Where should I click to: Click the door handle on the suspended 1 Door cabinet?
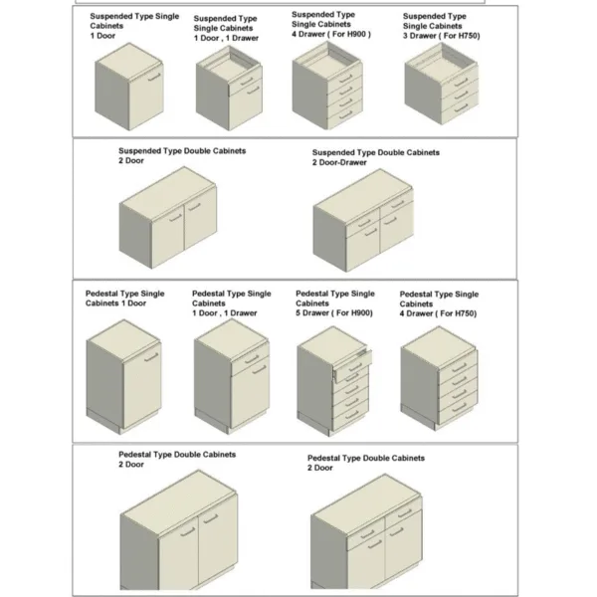[154, 77]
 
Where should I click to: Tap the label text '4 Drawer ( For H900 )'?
[331, 34]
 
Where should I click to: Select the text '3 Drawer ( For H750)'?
[441, 36]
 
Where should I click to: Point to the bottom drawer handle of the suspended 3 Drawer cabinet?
[461, 107]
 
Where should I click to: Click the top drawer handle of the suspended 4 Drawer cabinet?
[345, 79]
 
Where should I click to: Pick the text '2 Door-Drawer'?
[339, 162]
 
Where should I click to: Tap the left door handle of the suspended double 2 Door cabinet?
[175, 218]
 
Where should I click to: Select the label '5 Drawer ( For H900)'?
[334, 313]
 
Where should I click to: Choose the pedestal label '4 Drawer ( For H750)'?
[438, 313]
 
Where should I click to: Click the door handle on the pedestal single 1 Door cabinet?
[151, 357]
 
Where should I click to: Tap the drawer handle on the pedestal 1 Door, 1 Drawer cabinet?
[252, 359]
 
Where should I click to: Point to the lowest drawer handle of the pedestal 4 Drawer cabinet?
[460, 407]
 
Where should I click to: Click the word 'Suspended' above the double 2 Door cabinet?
[139, 151]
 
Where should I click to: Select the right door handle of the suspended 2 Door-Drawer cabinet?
[390, 221]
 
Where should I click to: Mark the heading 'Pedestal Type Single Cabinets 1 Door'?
[125, 298]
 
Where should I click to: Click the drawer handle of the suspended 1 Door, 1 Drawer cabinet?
[247, 82]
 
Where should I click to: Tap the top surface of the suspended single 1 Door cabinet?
[129, 62]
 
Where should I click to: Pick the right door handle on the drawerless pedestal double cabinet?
[211, 518]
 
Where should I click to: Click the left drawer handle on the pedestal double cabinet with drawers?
[367, 534]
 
